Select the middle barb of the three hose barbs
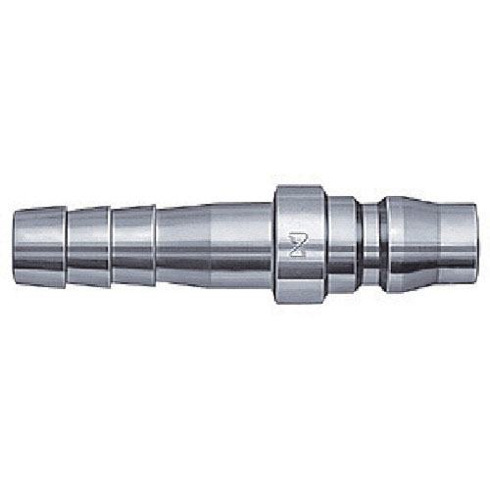coord(88,244)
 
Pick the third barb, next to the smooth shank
coord(133,244)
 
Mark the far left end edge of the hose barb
coord(14,244)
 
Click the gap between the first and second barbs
coord(67,244)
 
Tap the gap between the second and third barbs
coord(111,244)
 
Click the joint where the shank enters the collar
coord(273,244)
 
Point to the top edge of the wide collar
coord(300,186)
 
